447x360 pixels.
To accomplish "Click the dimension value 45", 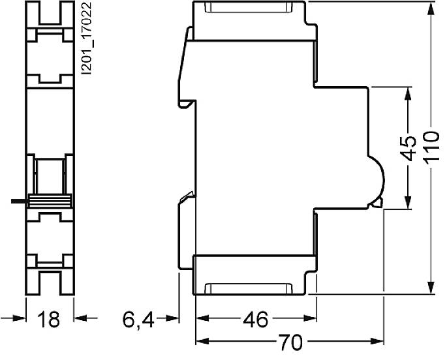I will click(x=408, y=149).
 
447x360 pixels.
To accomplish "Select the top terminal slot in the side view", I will click(x=247, y=9).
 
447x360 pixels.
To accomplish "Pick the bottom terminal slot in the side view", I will click(x=247, y=288).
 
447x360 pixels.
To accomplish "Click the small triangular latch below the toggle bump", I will click(x=377, y=204).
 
